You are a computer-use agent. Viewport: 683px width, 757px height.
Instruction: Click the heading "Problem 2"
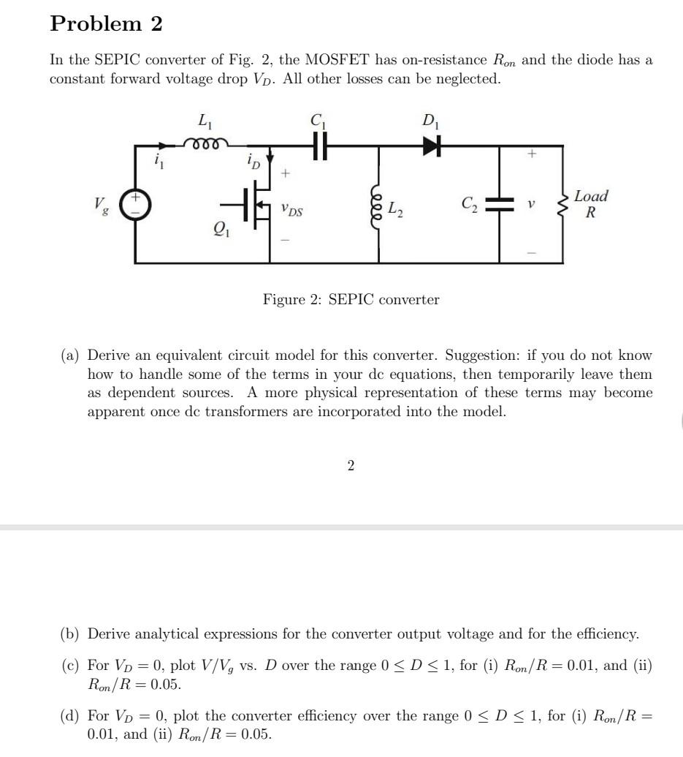(x=106, y=24)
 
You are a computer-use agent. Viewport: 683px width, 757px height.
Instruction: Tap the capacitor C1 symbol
(x=317, y=146)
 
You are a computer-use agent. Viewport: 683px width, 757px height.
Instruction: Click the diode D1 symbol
(x=432, y=146)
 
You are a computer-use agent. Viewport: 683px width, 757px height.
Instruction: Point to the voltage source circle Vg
(x=136, y=205)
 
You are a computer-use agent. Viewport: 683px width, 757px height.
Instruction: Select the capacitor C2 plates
(x=500, y=205)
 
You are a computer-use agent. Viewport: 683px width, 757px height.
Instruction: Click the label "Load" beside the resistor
(x=590, y=196)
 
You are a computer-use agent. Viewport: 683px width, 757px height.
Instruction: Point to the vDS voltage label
(x=291, y=210)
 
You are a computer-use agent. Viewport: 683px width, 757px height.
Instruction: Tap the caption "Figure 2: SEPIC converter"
(x=351, y=299)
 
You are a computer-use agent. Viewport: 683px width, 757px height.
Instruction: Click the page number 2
(x=351, y=465)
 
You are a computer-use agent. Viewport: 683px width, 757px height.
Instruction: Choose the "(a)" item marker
(x=69, y=355)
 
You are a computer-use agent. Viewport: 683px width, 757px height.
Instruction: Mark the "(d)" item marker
(x=69, y=716)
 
